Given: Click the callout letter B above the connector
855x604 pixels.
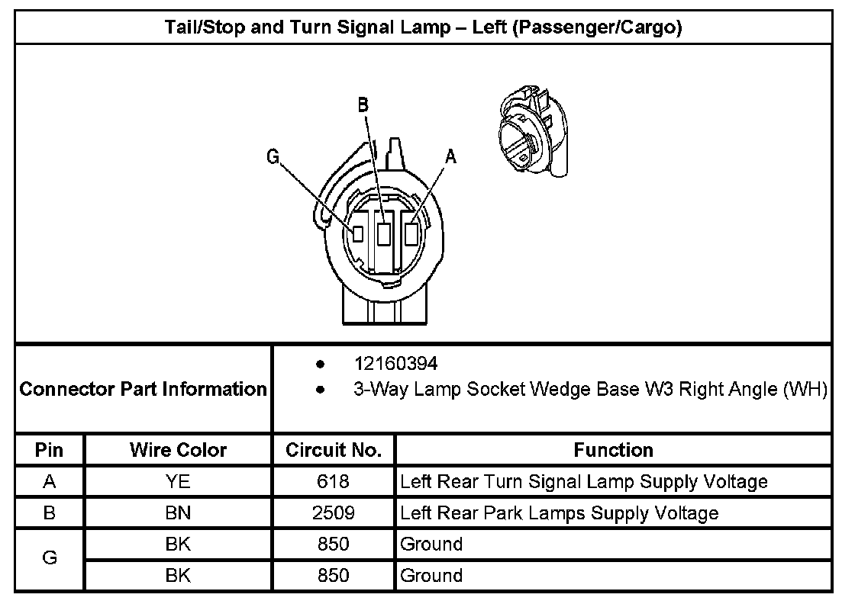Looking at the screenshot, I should (x=363, y=106).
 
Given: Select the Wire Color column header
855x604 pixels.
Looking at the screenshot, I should (x=178, y=450).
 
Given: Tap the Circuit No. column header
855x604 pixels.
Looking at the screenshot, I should (x=334, y=450).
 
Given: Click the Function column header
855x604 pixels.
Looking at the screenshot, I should (x=613, y=450).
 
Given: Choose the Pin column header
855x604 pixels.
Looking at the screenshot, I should (x=50, y=450).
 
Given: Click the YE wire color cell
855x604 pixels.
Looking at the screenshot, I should (x=178, y=482).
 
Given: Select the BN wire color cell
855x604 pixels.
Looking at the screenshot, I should (x=178, y=513).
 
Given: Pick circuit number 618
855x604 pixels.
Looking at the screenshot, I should (x=334, y=482).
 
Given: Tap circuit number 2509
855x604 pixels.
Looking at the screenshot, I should (x=334, y=513).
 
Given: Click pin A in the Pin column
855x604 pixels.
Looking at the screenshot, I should (x=50, y=482).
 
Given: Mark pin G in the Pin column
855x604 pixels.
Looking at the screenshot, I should (x=50, y=559).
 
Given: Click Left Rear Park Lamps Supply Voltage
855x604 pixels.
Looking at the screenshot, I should (x=560, y=513).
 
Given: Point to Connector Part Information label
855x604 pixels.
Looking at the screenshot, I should (x=143, y=389).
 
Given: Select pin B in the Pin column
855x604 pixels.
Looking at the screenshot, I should (x=50, y=513).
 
